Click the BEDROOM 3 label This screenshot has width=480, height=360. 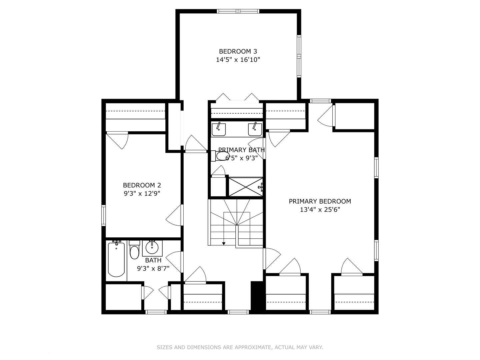tap(238, 51)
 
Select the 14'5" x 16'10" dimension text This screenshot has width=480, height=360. tap(238, 60)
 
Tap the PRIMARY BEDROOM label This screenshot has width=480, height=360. tap(320, 201)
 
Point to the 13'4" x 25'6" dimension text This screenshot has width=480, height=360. tap(320, 210)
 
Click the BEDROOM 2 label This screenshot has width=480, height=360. tap(142, 185)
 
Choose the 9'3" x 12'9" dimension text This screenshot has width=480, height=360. tap(142, 194)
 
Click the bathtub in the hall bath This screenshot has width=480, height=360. tap(116, 260)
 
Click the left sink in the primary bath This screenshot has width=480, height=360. tap(219, 129)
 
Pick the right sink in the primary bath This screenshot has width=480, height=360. tap(255, 129)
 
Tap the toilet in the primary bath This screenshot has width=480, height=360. tap(221, 156)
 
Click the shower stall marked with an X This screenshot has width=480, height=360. tap(245, 187)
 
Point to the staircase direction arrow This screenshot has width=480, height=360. tap(224, 243)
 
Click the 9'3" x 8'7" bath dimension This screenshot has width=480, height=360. tap(153, 269)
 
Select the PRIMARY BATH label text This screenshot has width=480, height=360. tap(241, 150)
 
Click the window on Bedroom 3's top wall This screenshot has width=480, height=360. tap(238, 11)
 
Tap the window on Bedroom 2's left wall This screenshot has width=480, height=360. tap(104, 215)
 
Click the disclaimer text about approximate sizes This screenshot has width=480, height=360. tap(240, 347)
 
